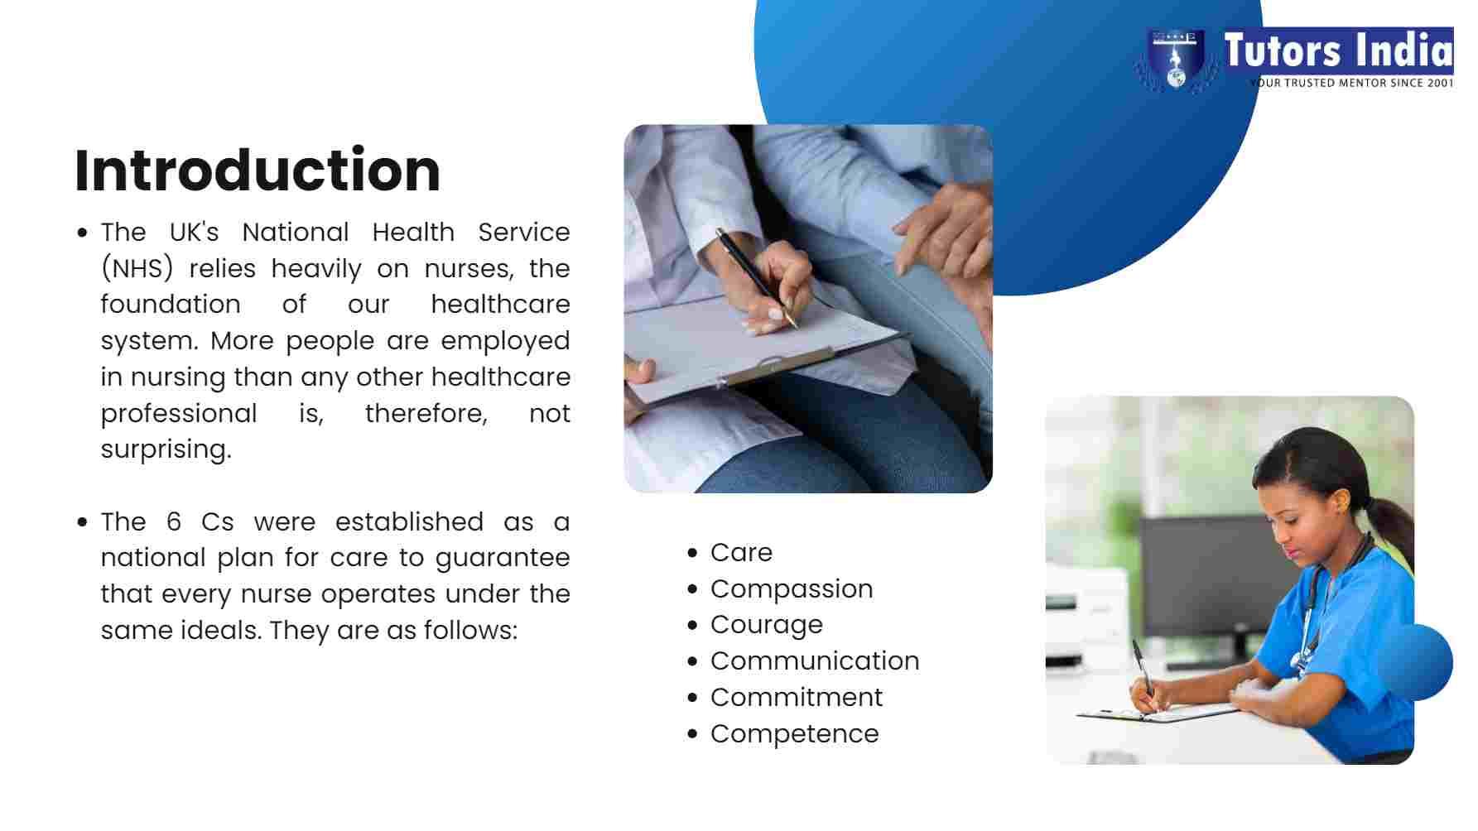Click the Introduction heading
point(258,171)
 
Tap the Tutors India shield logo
point(1176,60)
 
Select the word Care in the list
point(741,552)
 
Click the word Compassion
point(792,589)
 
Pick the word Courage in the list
point(767,626)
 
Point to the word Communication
point(815,660)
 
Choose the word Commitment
point(797,697)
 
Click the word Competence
point(795,733)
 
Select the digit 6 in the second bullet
point(174,521)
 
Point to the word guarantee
point(503,559)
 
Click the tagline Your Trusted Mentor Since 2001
point(1351,83)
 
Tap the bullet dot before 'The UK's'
point(82,233)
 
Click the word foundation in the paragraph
point(171,305)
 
